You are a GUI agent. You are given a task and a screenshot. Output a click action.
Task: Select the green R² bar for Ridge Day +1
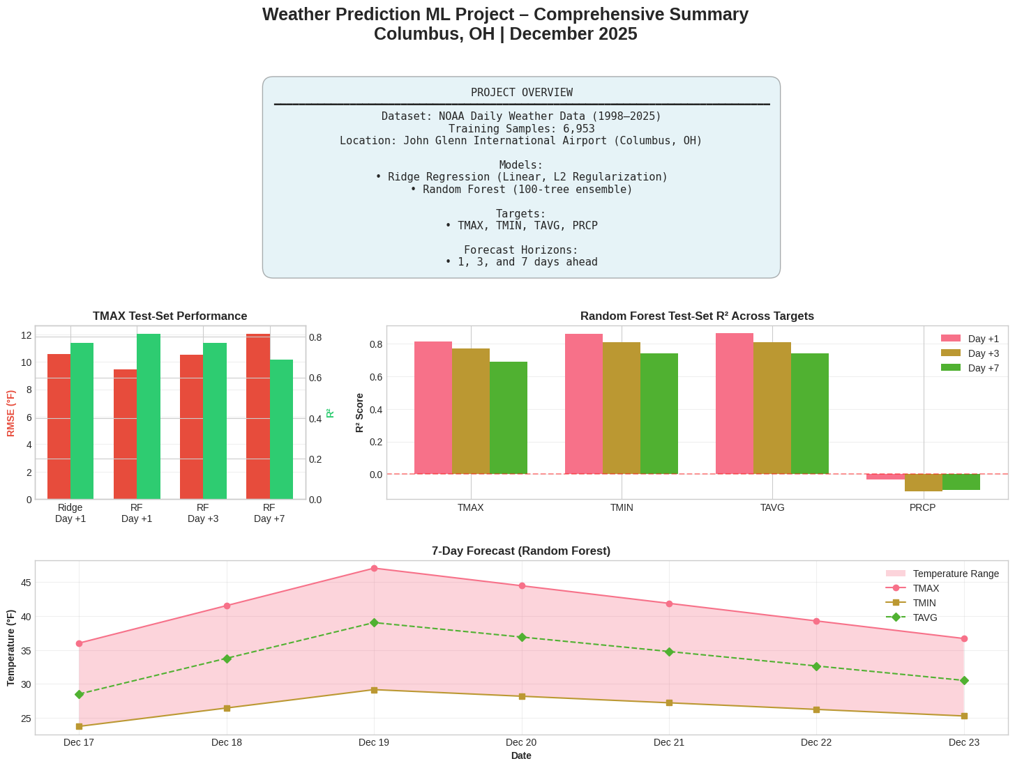point(82,421)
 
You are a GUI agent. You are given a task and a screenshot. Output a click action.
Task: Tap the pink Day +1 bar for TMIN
point(583,404)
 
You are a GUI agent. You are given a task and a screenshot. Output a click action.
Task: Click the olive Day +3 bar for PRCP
point(923,482)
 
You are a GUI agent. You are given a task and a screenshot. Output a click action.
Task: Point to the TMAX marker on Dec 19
point(374,569)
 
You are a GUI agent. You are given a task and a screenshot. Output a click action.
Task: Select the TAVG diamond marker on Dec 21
point(669,652)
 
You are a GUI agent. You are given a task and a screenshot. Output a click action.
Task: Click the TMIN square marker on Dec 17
point(79,726)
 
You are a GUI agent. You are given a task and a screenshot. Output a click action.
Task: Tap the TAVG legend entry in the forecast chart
point(925,617)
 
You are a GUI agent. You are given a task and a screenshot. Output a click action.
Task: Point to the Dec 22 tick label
point(816,743)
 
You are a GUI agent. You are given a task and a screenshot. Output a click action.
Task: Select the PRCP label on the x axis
point(922,508)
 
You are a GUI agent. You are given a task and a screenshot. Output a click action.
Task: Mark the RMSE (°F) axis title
point(10,413)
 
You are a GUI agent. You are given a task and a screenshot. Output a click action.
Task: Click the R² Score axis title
point(360,413)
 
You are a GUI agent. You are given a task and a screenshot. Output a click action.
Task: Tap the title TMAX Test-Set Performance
point(170,316)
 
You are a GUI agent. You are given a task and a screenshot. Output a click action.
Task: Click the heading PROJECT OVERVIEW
point(521,93)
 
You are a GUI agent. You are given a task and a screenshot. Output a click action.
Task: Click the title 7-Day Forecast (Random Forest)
point(520,551)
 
